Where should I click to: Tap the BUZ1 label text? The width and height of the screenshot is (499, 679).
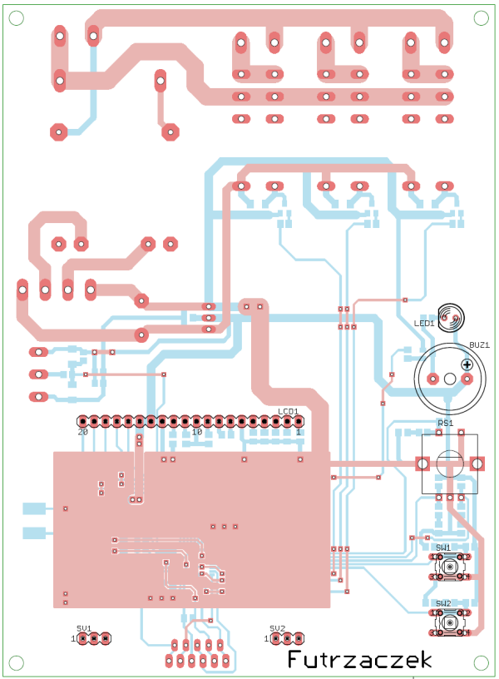click(x=479, y=344)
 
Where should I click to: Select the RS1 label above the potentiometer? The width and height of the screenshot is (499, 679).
click(x=445, y=424)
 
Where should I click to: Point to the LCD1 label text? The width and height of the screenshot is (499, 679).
click(x=289, y=412)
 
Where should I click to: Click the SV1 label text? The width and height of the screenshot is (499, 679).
click(x=84, y=628)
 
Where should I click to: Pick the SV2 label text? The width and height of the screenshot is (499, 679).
click(x=277, y=628)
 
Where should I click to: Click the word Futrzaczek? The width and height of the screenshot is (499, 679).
click(x=359, y=660)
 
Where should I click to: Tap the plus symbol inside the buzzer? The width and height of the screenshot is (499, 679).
click(x=467, y=364)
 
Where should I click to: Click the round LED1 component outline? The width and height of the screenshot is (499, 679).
click(x=452, y=317)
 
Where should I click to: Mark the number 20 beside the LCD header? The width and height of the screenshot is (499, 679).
click(x=82, y=433)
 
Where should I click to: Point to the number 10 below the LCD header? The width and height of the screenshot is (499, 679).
click(x=197, y=433)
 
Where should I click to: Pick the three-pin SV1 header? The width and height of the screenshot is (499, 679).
click(x=94, y=639)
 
